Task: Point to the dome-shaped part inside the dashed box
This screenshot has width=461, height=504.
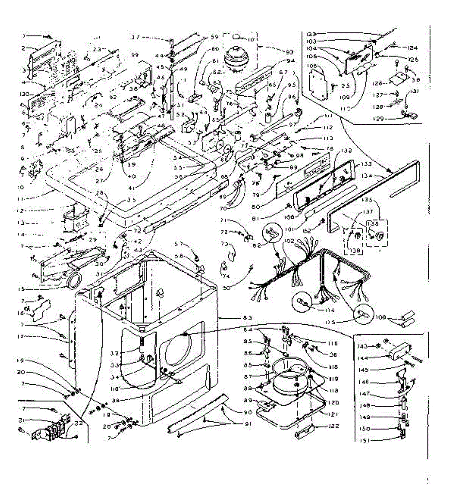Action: click(x=237, y=57)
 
